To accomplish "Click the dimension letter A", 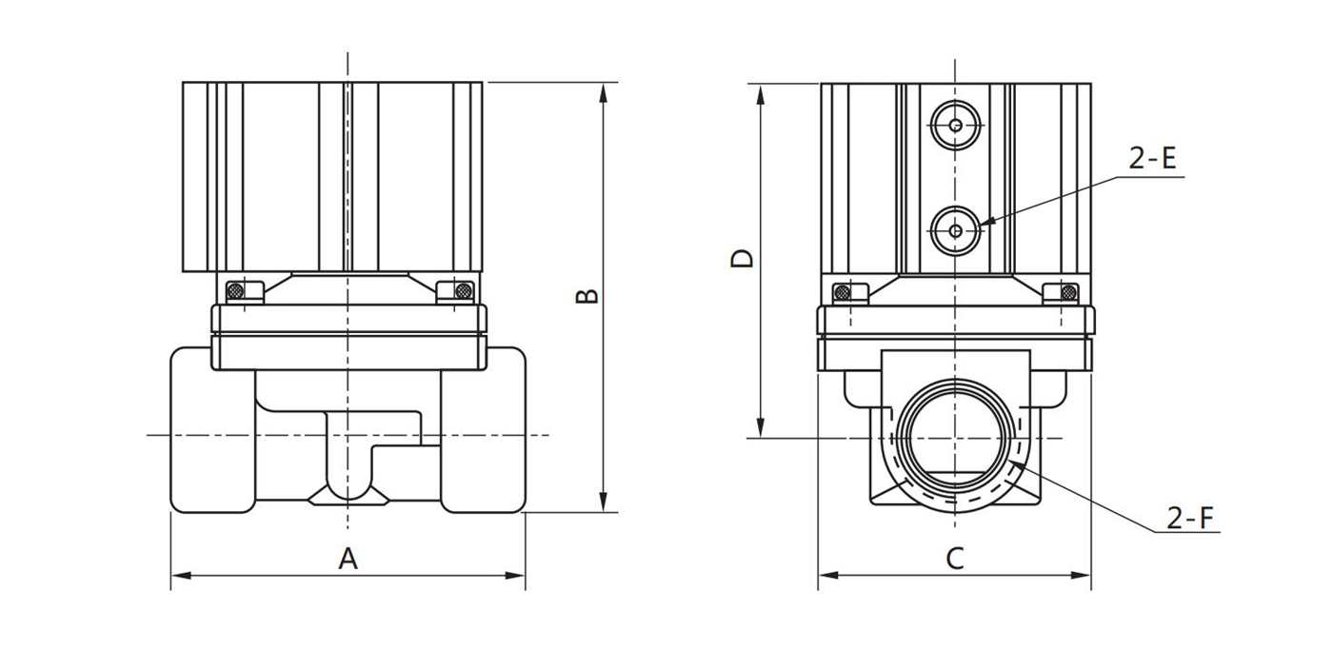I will (348, 559).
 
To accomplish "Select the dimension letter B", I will (588, 295).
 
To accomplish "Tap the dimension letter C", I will (955, 559).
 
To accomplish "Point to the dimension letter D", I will (743, 258).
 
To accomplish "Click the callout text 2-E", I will (1153, 159).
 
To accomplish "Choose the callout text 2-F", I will (1191, 519).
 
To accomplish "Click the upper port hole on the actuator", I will (955, 125).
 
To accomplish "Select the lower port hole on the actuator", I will (955, 229).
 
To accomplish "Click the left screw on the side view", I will (842, 292).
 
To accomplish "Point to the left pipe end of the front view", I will (212, 430).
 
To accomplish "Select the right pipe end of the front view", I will (485, 430).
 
